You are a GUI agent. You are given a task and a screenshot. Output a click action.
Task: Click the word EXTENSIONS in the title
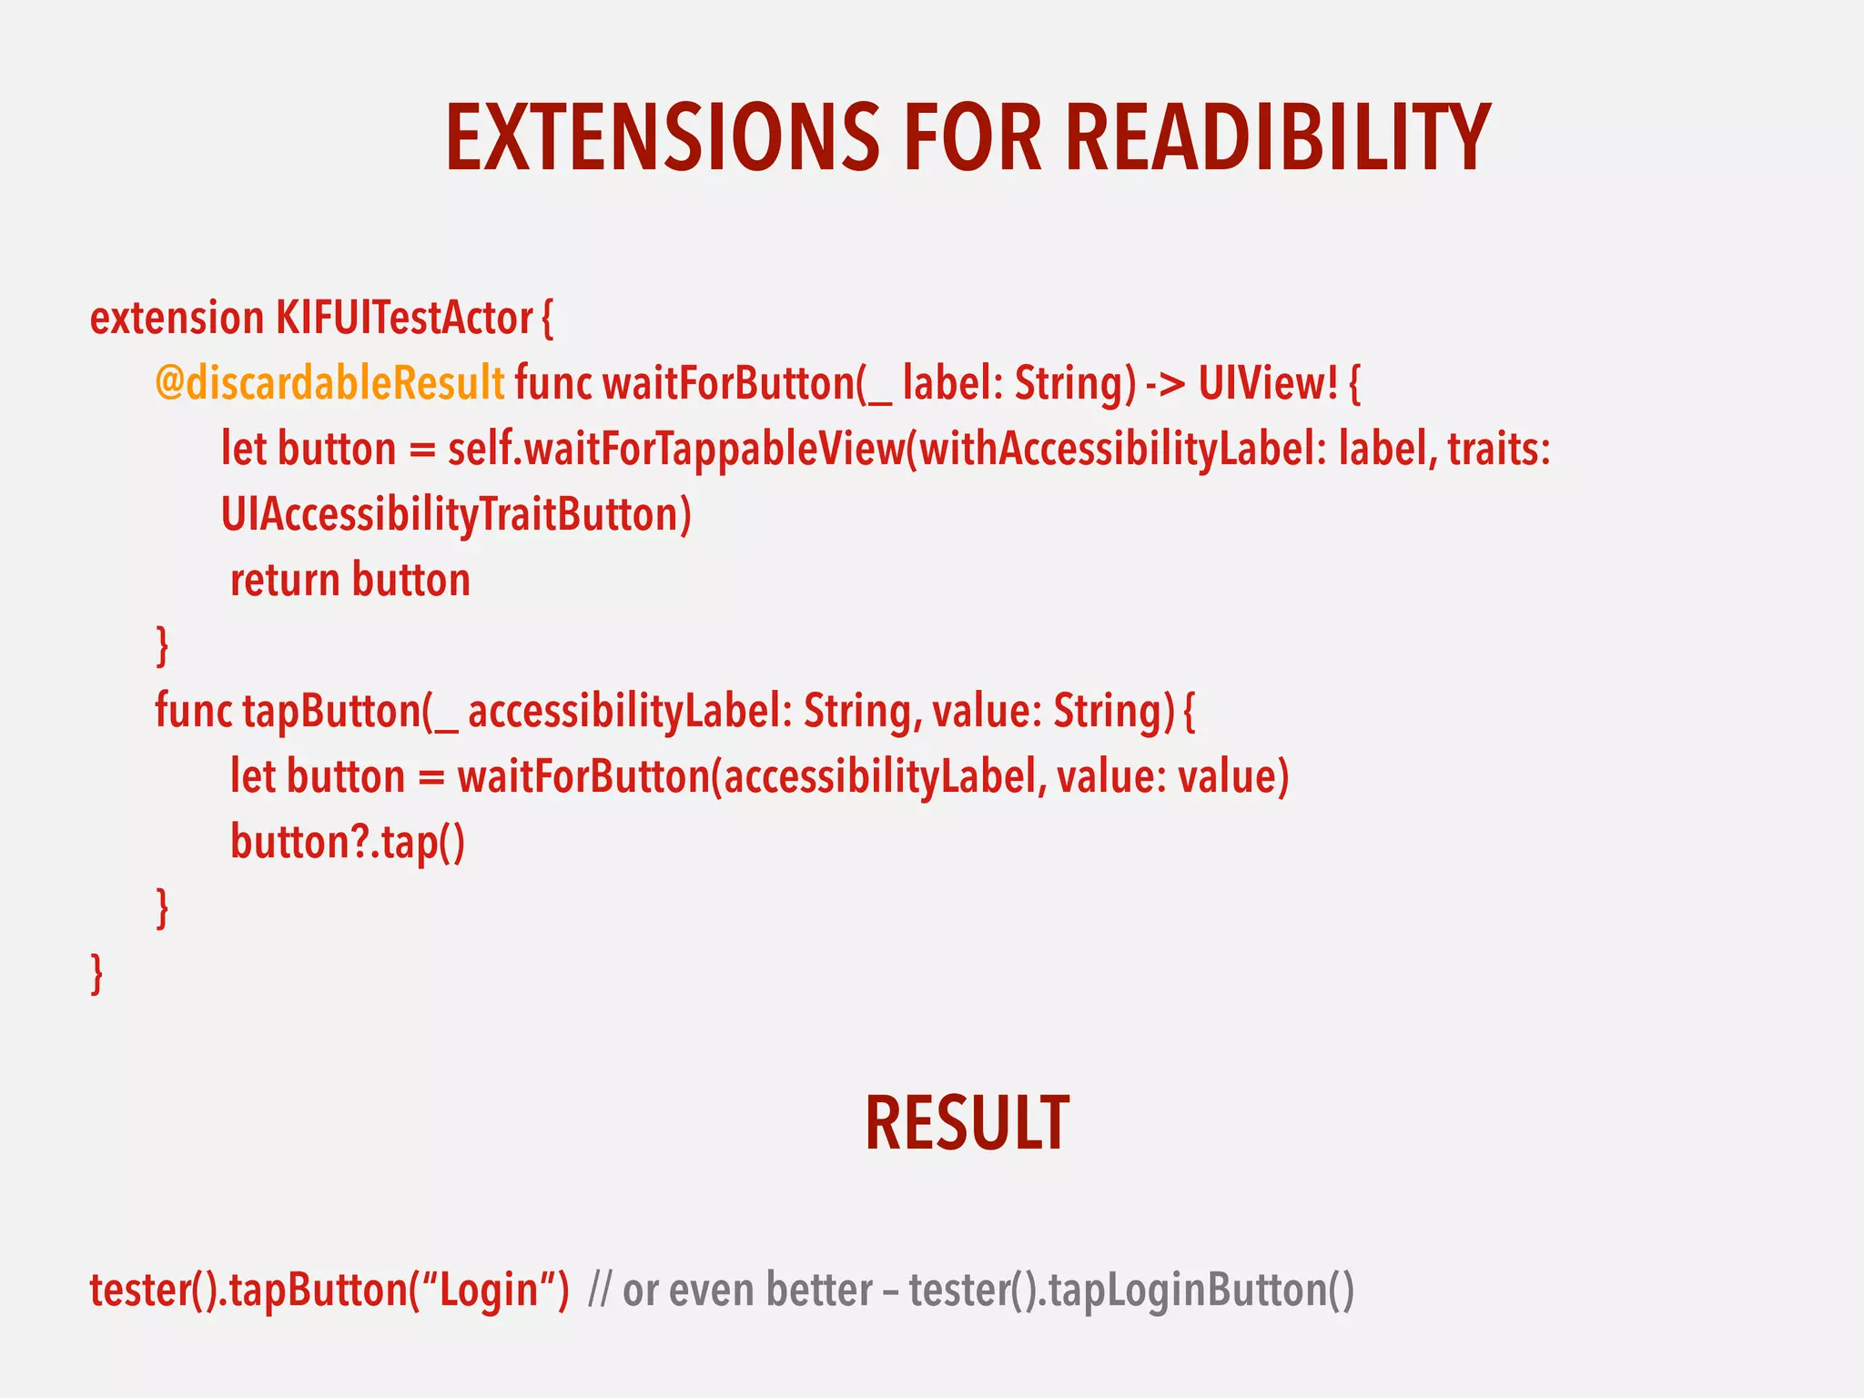[663, 138]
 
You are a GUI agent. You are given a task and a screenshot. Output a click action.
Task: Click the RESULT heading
[967, 1124]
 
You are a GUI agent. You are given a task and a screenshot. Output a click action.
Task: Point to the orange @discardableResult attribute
[329, 383]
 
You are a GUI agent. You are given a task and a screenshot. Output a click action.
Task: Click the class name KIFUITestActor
[404, 319]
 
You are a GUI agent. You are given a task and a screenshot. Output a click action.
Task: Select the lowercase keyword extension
[177, 319]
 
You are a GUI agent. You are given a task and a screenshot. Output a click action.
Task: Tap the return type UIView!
[1268, 383]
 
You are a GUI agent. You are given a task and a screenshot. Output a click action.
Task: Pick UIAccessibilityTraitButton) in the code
[456, 515]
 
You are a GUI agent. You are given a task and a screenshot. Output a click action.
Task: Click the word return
[285, 581]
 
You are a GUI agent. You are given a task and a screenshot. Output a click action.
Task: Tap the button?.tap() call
[348, 842]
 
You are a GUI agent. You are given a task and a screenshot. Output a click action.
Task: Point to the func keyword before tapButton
[193, 711]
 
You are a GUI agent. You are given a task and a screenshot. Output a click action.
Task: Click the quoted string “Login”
[491, 1291]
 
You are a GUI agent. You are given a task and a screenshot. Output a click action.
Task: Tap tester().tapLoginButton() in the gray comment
[1131, 1291]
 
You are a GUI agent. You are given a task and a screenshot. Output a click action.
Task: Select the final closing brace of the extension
[96, 973]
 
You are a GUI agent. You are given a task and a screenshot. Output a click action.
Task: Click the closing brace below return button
[162, 645]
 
